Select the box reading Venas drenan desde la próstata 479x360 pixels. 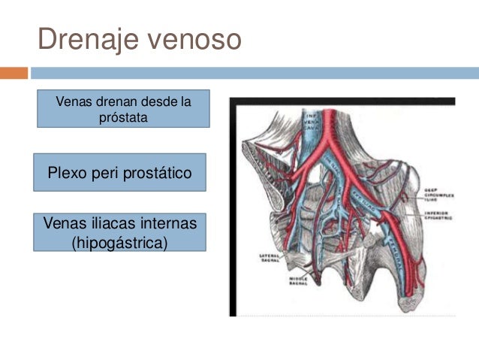point(124,109)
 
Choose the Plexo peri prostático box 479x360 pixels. point(119,173)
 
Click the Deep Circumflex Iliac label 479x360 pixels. point(437,194)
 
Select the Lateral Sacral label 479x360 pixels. point(269,258)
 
